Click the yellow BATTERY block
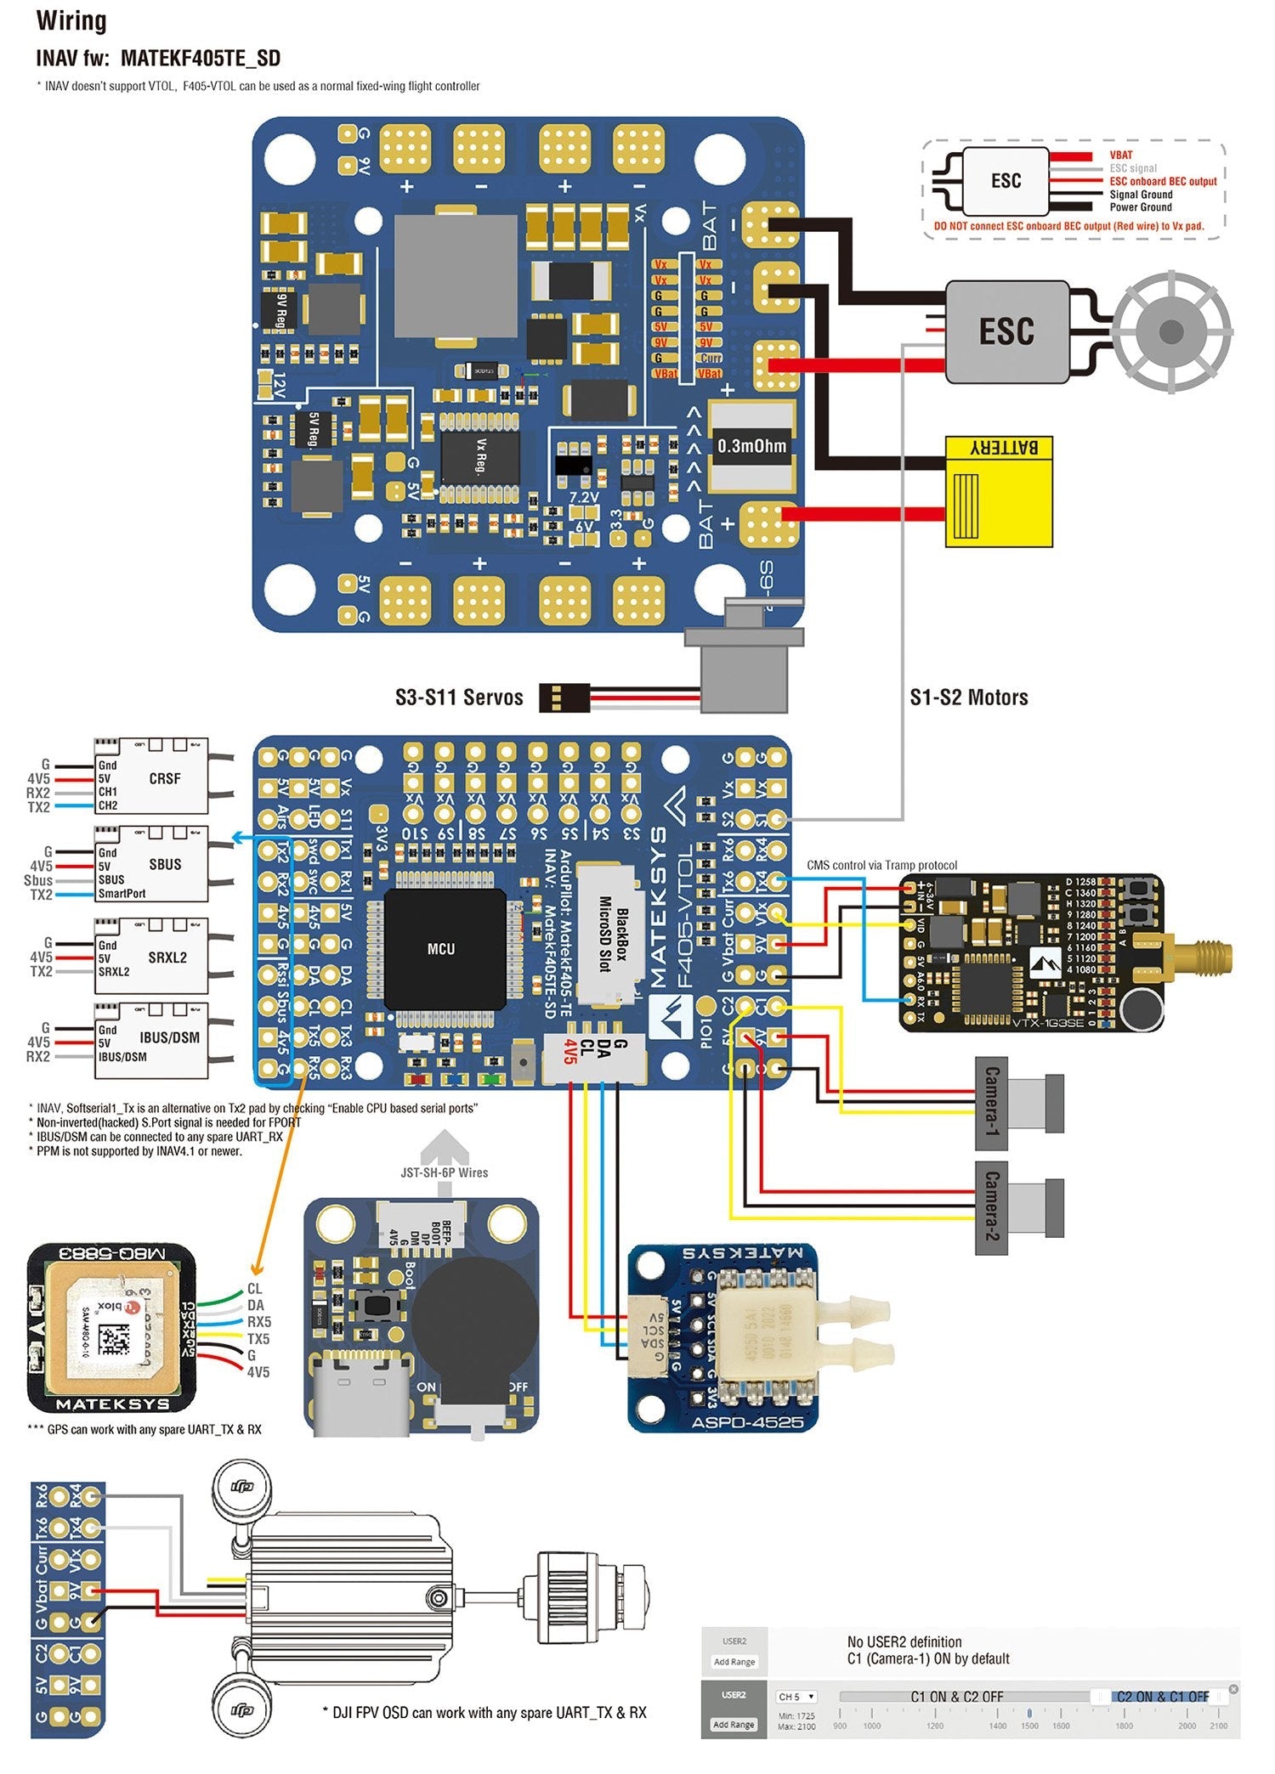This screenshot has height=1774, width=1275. pyautogui.click(x=999, y=491)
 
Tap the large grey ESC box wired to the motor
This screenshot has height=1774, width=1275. pyautogui.click(x=1007, y=331)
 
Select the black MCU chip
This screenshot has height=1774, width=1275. pyautogui.click(x=441, y=948)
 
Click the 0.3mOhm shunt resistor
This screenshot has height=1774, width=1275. pyautogui.click(x=751, y=446)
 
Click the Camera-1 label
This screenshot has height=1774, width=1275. pyautogui.click(x=991, y=1102)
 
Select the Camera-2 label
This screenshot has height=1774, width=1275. pyautogui.click(x=991, y=1207)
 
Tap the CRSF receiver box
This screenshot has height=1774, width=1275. pyautogui.click(x=153, y=778)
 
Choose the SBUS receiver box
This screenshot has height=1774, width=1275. pyautogui.click(x=153, y=865)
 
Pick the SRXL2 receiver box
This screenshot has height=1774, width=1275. pyautogui.click(x=153, y=958)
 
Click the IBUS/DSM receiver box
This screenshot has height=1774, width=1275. pyautogui.click(x=153, y=1040)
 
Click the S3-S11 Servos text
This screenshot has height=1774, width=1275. pyautogui.click(x=459, y=698)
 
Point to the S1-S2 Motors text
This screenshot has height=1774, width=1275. pyautogui.click(x=969, y=698)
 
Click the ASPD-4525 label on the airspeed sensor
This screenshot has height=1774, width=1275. pyautogui.click(x=747, y=1422)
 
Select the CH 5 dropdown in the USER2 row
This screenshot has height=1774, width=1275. pyautogui.click(x=796, y=1697)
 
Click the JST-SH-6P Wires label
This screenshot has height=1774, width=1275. pyautogui.click(x=445, y=1172)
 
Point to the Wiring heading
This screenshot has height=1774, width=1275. pyautogui.click(x=71, y=21)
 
